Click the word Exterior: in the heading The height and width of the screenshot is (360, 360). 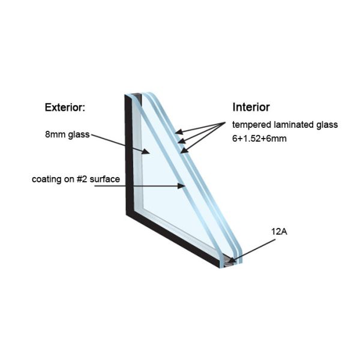65,108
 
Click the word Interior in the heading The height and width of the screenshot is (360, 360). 251,107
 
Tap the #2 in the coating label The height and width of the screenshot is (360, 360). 80,179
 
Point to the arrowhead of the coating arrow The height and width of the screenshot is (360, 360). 184,187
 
